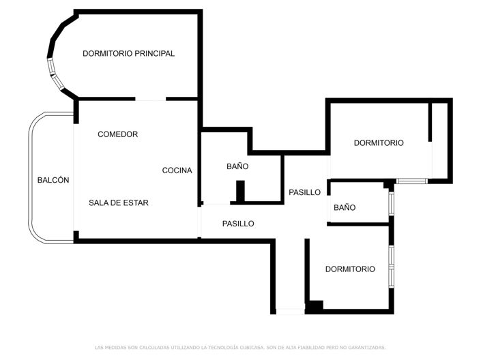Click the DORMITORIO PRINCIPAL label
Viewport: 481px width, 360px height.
coord(128,53)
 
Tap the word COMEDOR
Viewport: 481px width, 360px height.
coord(117,134)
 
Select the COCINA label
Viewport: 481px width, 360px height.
coord(177,170)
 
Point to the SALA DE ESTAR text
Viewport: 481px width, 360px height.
coord(119,202)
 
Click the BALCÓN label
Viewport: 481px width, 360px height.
coord(53,180)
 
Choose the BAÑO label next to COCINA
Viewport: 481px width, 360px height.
coord(237,166)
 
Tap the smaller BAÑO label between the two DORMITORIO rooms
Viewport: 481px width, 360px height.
coord(345,207)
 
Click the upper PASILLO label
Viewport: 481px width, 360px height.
coord(304,192)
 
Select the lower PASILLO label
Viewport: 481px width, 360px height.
coord(238,224)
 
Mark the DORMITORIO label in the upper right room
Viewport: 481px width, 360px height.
coord(379,143)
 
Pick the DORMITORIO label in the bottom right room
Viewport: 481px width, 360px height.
coord(350,269)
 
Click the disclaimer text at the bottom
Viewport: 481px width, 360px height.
coord(240,348)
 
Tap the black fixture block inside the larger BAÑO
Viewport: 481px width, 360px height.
coord(240,191)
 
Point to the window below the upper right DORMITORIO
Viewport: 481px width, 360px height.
coord(412,181)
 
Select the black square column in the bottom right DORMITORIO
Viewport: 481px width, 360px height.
coord(314,307)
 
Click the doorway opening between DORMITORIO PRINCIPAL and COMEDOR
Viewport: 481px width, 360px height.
coord(151,100)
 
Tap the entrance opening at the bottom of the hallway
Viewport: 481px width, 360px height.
coord(289,312)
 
